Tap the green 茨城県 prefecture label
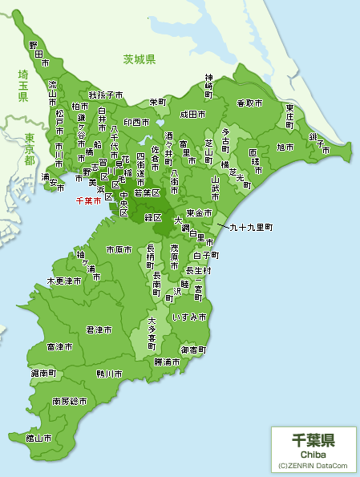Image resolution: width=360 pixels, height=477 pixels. point(139,59)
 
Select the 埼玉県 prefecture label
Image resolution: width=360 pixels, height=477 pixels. point(23,85)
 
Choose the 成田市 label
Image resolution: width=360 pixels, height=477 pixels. point(193,114)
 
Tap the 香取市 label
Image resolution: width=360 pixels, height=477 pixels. point(249,103)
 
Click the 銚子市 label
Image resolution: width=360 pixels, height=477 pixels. point(322,144)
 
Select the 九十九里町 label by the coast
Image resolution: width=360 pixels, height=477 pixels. point(251,228)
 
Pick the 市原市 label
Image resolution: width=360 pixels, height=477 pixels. point(119,250)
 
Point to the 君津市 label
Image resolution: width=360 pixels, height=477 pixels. point(99,329)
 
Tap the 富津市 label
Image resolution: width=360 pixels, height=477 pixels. point(59,346)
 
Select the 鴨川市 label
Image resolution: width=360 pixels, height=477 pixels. point(109,374)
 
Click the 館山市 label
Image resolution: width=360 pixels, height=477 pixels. point(38,438)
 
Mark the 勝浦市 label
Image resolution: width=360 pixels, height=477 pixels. point(168,362)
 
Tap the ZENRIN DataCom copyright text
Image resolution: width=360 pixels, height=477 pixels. point(313,465)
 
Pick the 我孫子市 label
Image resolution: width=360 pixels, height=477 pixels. point(106,95)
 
